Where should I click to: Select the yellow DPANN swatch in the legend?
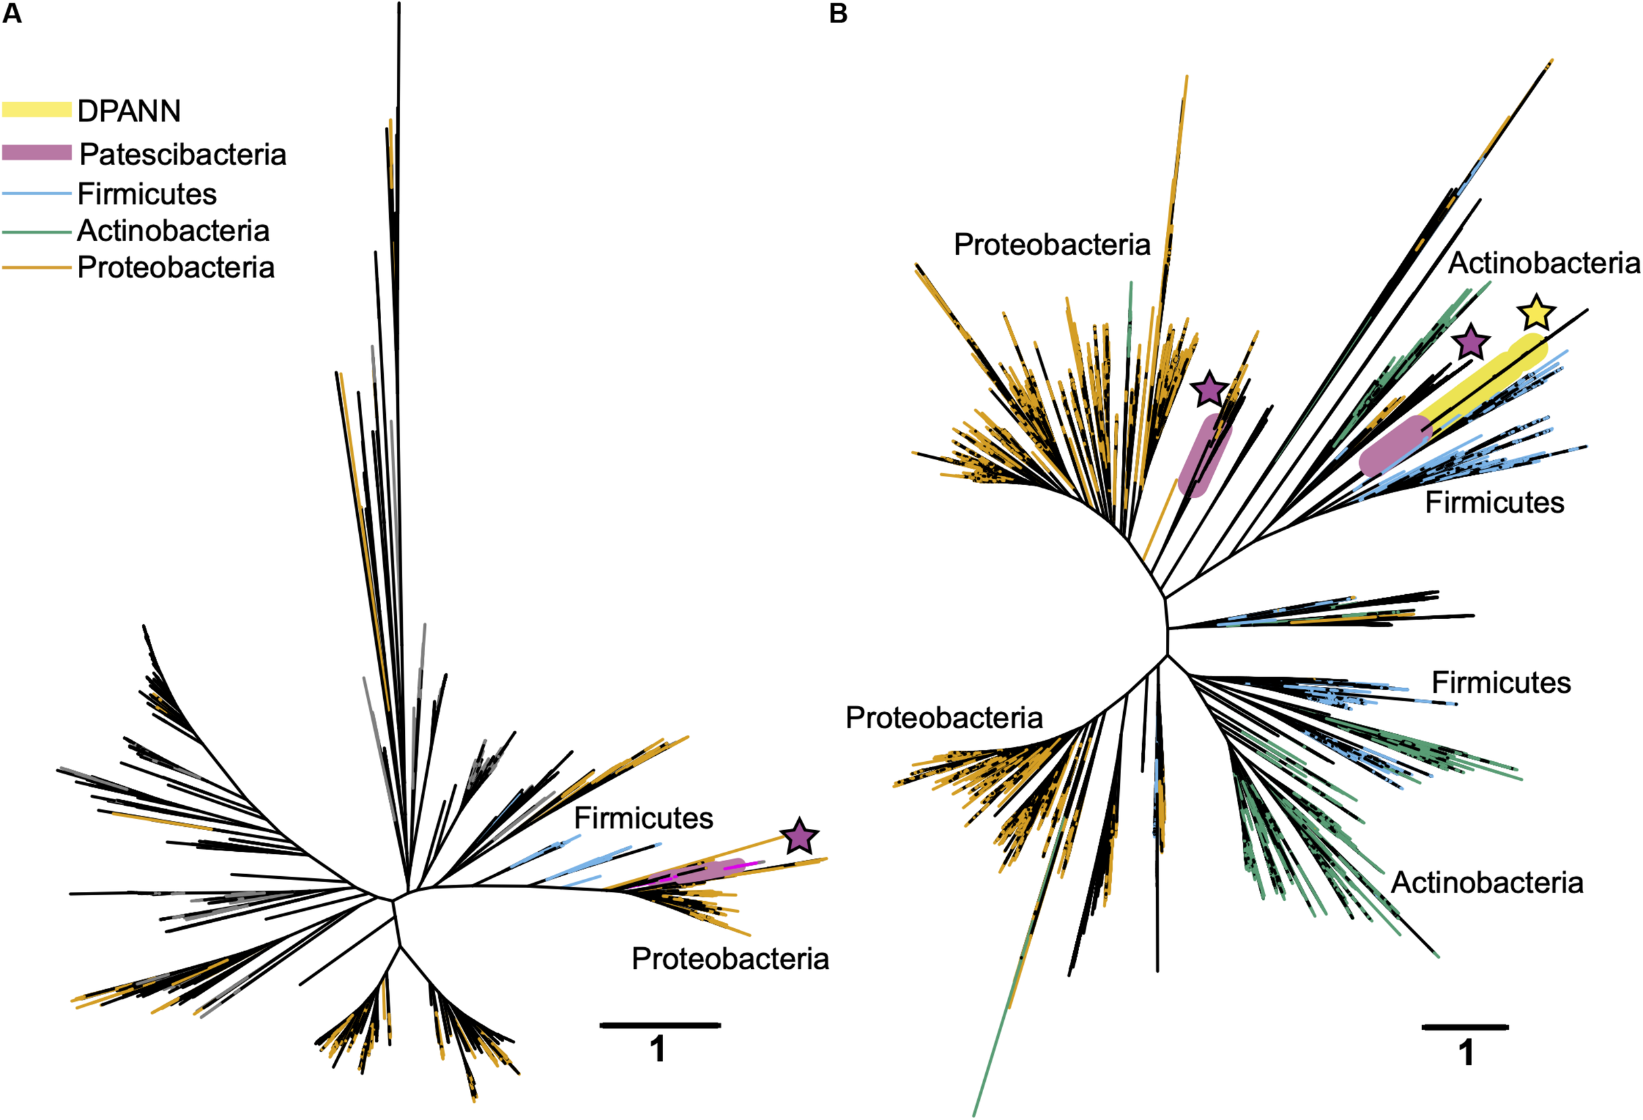[37, 110]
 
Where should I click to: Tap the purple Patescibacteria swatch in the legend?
[37, 152]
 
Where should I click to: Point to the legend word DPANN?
[129, 111]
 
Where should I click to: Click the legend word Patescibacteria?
[183, 154]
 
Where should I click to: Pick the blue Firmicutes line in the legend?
[37, 194]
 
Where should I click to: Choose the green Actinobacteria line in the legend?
[37, 231]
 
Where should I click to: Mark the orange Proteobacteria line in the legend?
[37, 268]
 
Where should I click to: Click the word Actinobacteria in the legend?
[174, 231]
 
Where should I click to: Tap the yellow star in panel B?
[1537, 314]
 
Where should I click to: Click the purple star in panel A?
[799, 837]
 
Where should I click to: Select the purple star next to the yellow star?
[1471, 343]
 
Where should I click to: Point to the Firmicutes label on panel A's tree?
[643, 818]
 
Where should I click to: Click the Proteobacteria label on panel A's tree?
[729, 959]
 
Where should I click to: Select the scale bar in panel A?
[660, 1025]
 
